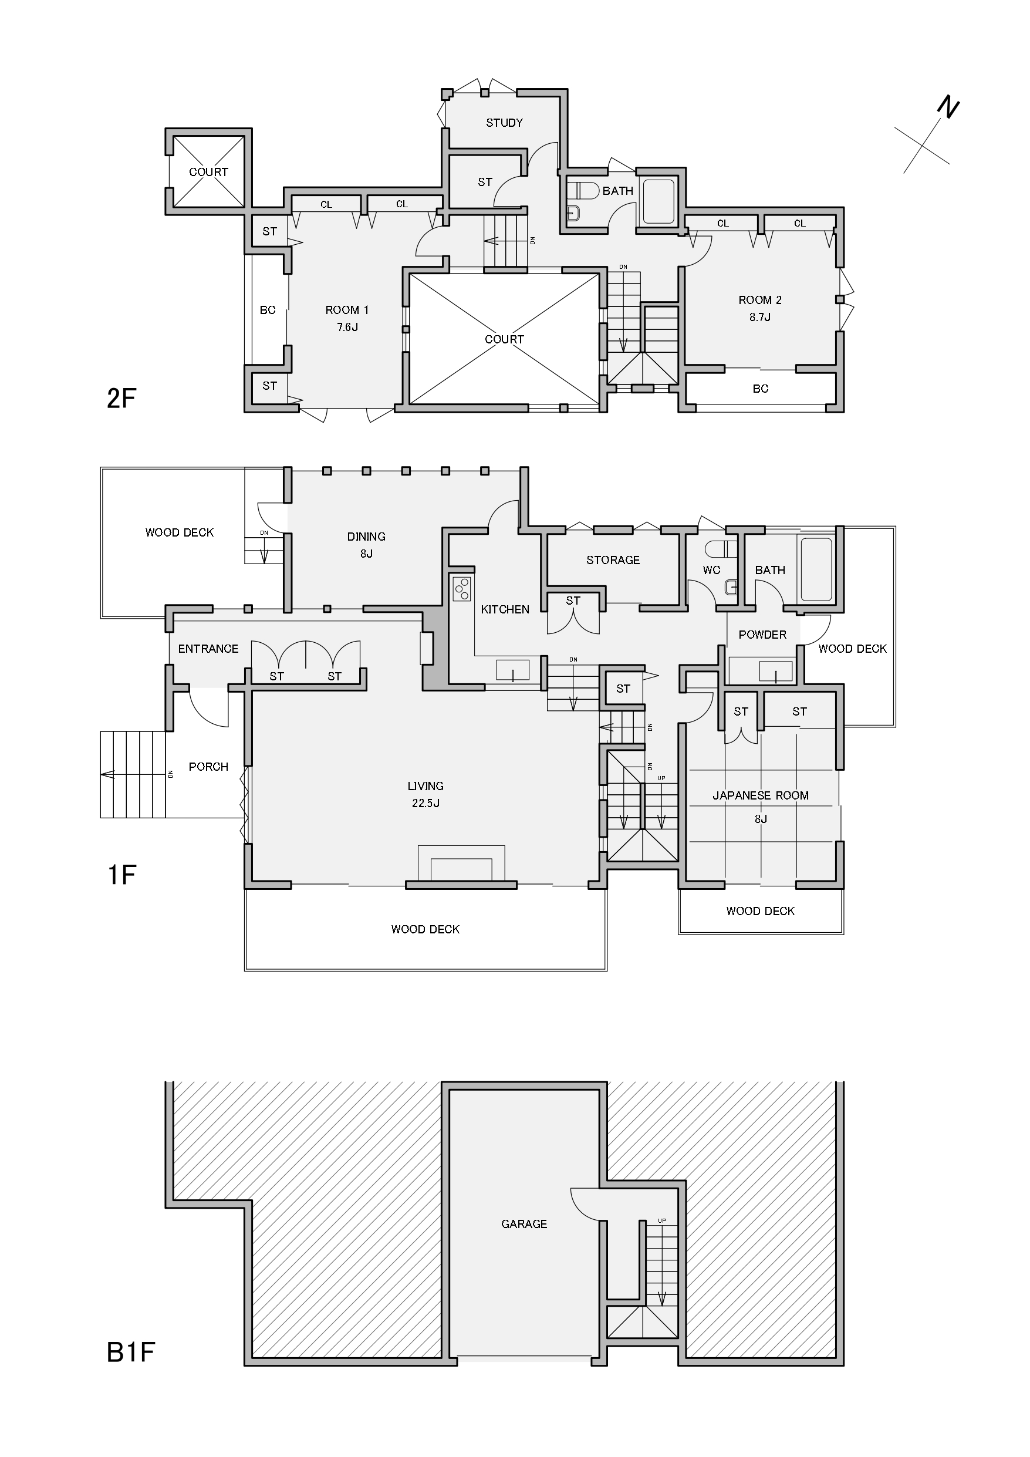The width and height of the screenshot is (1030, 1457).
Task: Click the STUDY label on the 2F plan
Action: (504, 123)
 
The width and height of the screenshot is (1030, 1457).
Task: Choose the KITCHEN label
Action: (505, 609)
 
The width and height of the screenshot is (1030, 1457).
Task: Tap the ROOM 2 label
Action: (759, 300)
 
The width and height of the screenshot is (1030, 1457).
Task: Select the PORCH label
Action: (208, 767)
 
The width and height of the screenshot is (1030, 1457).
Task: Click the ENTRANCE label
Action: (208, 649)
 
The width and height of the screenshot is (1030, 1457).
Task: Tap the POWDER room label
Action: (762, 635)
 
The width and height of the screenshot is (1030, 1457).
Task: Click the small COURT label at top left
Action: (208, 172)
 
